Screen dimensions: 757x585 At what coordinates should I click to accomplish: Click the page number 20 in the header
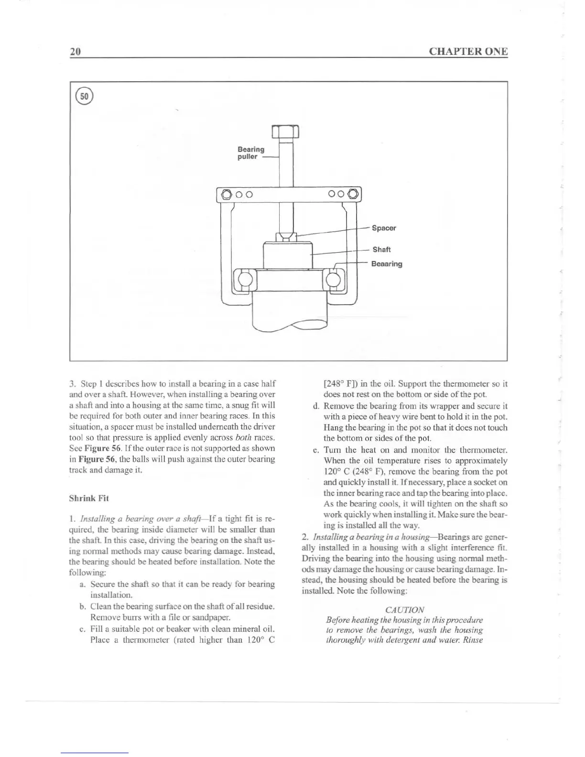[x=75, y=52]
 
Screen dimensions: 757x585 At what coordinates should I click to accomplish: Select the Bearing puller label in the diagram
[x=250, y=153]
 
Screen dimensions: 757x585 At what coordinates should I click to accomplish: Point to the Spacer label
[x=384, y=228]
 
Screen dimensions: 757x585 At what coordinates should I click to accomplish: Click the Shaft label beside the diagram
[x=381, y=249]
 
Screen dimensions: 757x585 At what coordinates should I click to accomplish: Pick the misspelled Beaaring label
[x=387, y=264]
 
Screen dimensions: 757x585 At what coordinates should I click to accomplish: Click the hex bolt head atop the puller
[x=285, y=131]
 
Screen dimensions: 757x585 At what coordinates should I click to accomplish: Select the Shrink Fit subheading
[x=89, y=498]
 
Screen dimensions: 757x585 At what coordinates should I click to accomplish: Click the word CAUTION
[x=404, y=610]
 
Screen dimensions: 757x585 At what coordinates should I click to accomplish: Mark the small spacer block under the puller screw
[x=286, y=236]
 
